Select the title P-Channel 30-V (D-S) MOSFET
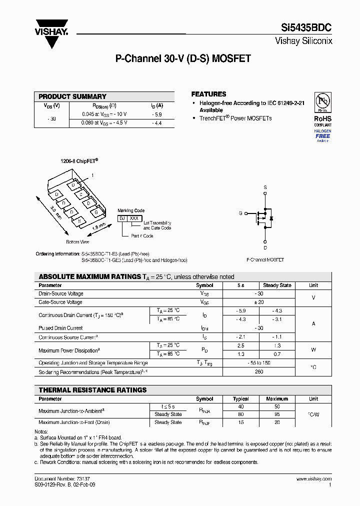(x=183, y=59)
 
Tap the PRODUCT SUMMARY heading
(x=72, y=96)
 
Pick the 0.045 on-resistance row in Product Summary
(x=104, y=114)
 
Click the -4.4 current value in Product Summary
(x=157, y=122)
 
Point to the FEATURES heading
(x=208, y=94)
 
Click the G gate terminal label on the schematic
(x=240, y=213)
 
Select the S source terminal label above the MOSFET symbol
(x=265, y=187)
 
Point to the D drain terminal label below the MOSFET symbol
(x=265, y=247)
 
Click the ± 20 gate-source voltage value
(x=258, y=302)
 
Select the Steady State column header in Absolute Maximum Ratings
(x=277, y=285)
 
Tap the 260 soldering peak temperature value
(x=258, y=372)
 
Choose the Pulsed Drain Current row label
(x=60, y=328)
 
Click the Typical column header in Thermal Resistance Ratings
(x=240, y=399)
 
